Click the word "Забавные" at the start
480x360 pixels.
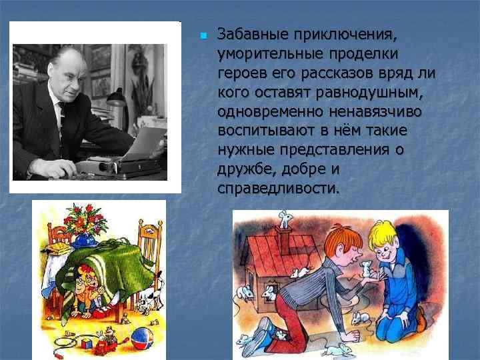pyautogui.click(x=249, y=34)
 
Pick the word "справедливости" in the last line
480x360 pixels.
pyautogui.click(x=278, y=189)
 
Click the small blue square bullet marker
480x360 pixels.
pyautogui.click(x=203, y=35)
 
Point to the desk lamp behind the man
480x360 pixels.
pyautogui.click(x=117, y=100)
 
